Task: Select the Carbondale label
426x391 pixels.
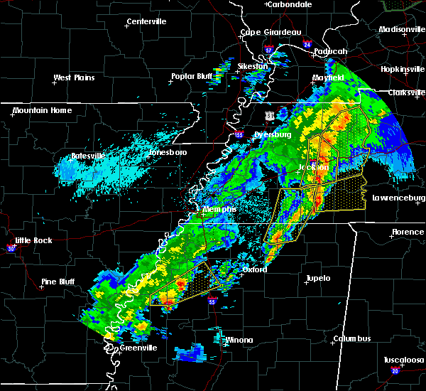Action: pos(291,4)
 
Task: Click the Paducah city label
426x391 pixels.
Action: pos(329,51)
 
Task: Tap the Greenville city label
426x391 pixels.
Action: pos(138,348)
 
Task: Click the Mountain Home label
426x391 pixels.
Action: pos(42,110)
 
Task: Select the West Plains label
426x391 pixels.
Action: pos(75,77)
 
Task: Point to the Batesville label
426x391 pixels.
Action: pos(88,156)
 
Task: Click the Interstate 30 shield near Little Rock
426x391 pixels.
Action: pos(11,248)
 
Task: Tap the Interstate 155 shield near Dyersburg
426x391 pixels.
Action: pos(239,133)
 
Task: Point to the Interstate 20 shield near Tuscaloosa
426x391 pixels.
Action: pos(394,371)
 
